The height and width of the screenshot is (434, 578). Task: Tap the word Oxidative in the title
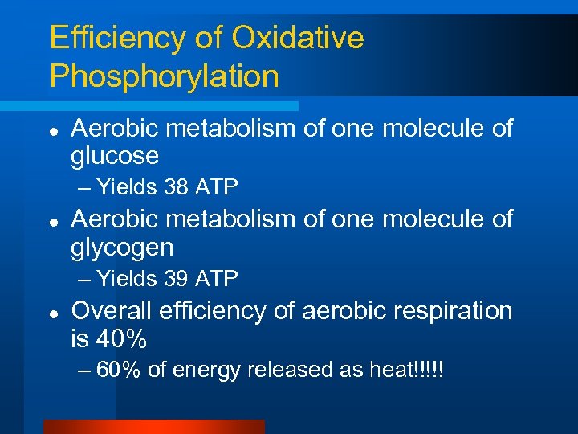[x=298, y=38]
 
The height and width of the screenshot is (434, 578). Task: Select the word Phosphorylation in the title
[x=164, y=76]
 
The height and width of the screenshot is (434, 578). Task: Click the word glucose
[x=115, y=156]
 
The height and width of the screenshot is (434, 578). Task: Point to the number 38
[x=176, y=188]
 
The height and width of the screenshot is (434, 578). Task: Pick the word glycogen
[x=122, y=248]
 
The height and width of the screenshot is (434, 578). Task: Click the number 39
[x=176, y=280]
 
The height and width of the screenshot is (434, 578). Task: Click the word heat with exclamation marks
[x=406, y=371]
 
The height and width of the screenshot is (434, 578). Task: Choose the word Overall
[x=112, y=311]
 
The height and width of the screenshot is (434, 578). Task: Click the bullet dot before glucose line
[x=51, y=129]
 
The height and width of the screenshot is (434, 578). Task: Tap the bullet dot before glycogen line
[x=51, y=221]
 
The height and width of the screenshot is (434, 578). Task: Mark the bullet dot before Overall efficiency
[x=51, y=312]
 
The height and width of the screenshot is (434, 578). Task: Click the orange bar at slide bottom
[x=153, y=427]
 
